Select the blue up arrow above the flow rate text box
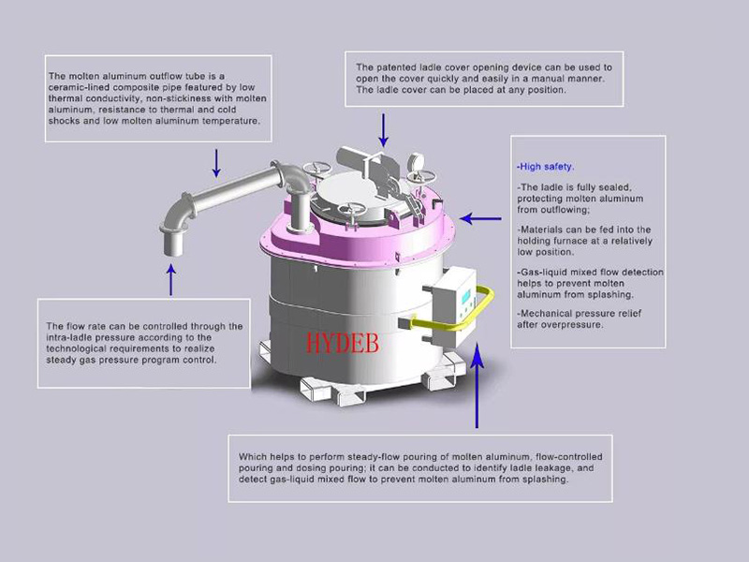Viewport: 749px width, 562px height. [x=170, y=280]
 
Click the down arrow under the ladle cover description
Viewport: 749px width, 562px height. [x=382, y=127]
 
